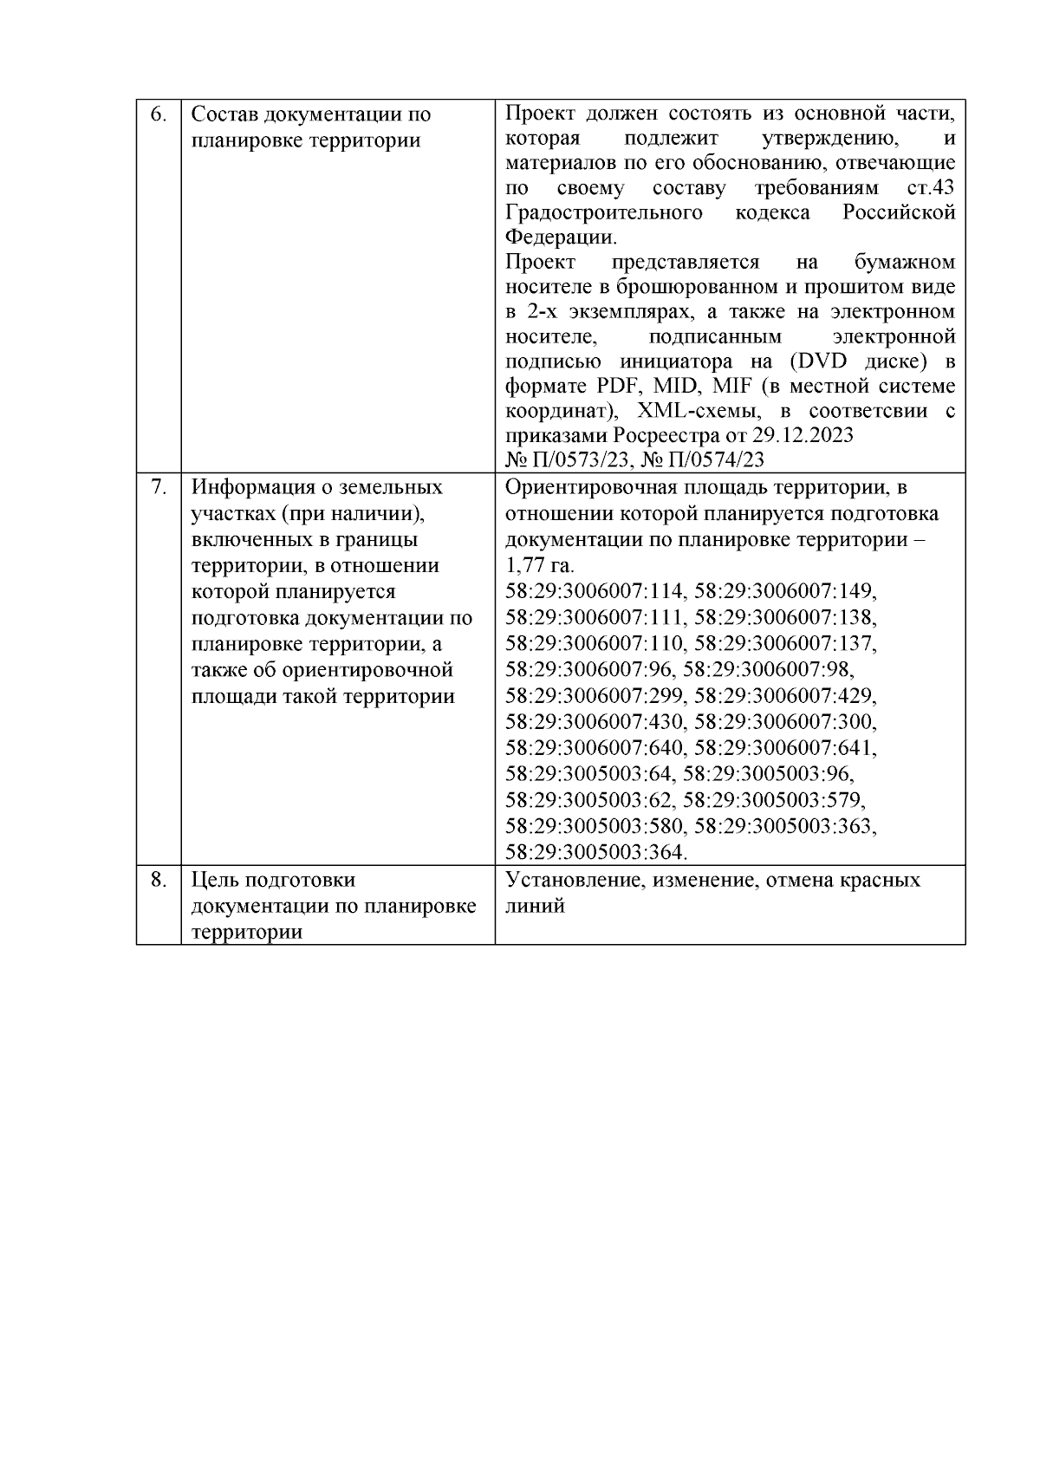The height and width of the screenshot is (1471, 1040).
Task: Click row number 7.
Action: [158, 487]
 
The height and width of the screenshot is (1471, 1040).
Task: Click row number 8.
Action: [158, 880]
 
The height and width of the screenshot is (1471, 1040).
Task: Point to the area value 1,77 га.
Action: [539, 566]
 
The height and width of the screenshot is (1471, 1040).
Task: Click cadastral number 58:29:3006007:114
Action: [595, 591]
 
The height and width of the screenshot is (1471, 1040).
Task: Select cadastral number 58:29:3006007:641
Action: [785, 747]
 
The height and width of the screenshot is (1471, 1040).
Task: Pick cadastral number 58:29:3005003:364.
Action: [595, 852]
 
